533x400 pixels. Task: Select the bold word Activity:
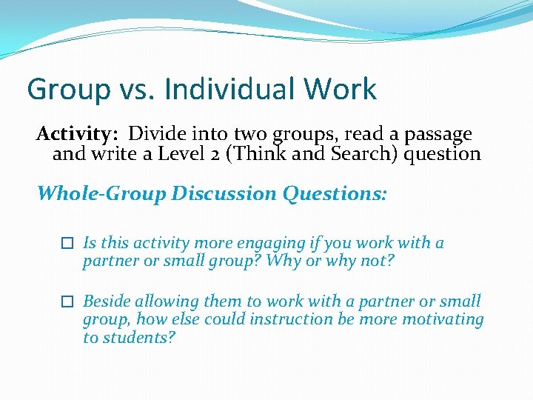click(78, 134)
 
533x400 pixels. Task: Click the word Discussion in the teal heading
click(224, 193)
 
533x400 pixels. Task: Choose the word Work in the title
click(343, 90)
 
